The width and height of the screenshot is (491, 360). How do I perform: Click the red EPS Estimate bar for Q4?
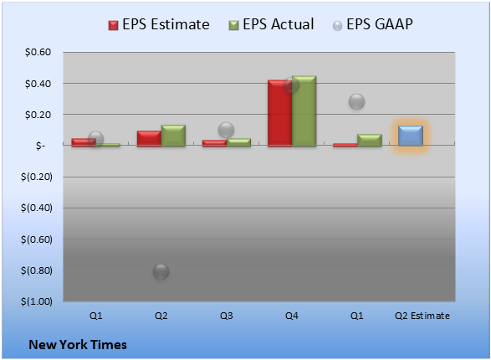[x=280, y=113]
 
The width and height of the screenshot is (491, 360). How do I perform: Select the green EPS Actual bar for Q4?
[x=304, y=111]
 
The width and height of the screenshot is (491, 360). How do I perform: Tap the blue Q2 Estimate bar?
[x=411, y=136]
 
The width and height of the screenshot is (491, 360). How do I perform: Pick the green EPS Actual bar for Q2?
[x=173, y=136]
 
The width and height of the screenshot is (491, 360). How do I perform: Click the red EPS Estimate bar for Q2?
[x=150, y=138]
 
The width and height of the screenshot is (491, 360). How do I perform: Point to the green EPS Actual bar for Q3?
[x=238, y=142]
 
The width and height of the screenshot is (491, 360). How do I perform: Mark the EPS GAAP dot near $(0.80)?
[x=161, y=271]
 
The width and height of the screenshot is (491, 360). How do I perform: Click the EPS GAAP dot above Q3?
[x=226, y=130]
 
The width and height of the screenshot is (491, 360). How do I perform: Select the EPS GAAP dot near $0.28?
[x=356, y=101]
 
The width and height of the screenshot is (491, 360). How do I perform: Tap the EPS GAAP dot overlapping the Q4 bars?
[x=292, y=85]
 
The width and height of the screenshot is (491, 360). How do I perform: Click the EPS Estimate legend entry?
[x=159, y=24]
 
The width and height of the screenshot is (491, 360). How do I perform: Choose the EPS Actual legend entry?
[x=271, y=24]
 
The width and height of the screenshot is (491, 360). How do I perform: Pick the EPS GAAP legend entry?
[x=372, y=24]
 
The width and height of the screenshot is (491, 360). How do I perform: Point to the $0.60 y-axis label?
[x=38, y=52]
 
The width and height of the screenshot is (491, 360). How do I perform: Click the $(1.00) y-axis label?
[x=37, y=301]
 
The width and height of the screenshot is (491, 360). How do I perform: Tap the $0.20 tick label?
[x=38, y=115]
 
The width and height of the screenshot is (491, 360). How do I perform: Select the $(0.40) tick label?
[x=37, y=208]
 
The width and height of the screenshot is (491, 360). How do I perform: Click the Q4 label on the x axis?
[x=292, y=316]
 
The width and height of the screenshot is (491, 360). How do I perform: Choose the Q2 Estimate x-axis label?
[x=422, y=316]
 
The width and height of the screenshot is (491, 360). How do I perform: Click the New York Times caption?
[x=78, y=345]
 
